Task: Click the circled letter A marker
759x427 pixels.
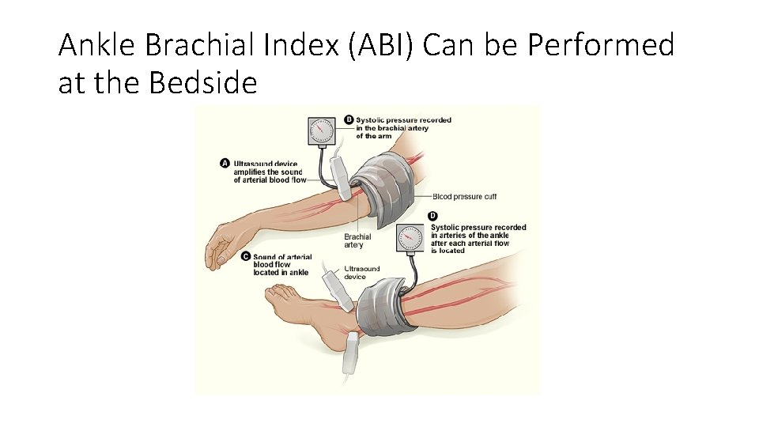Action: (x=225, y=164)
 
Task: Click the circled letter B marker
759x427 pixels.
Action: (x=349, y=120)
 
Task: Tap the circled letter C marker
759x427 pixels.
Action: (x=246, y=256)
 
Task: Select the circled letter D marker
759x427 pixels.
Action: (x=433, y=216)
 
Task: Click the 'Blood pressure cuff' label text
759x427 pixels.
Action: (x=464, y=197)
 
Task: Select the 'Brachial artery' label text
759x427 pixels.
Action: (x=357, y=240)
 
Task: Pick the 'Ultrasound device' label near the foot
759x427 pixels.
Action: (x=361, y=273)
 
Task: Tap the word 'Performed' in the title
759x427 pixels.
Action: (x=601, y=46)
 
